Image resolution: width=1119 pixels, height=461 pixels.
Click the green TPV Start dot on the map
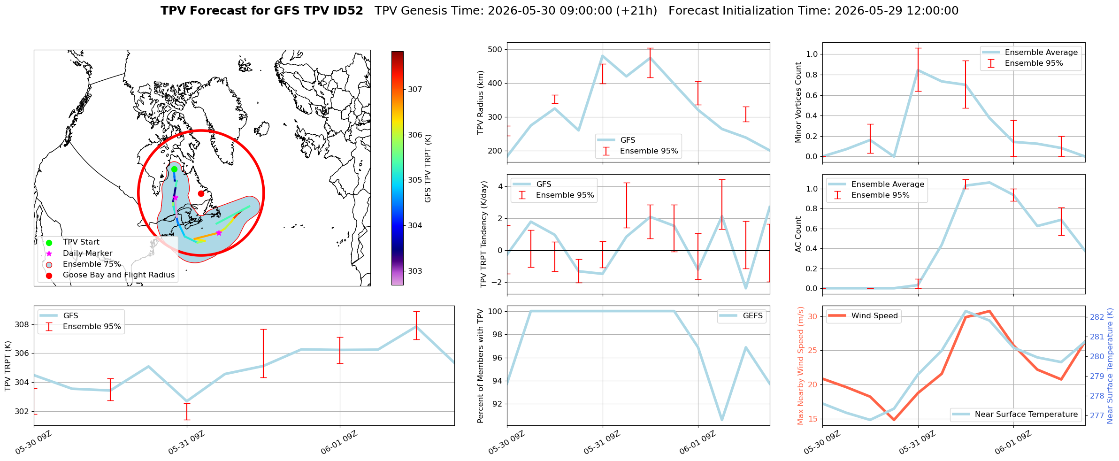[x=174, y=169]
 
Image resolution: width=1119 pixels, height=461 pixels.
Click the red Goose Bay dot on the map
[x=201, y=193]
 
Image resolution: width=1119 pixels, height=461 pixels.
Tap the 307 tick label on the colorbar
[x=415, y=89]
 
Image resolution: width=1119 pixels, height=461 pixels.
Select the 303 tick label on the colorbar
[x=415, y=271]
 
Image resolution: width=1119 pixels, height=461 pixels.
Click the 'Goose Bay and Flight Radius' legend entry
[x=119, y=275]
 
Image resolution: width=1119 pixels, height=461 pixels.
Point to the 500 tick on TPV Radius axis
[x=495, y=49]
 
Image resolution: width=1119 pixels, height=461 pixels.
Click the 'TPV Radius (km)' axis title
[x=480, y=102]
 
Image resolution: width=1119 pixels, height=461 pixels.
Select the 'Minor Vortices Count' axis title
[x=798, y=102]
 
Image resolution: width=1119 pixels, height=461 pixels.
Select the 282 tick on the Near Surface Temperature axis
[x=1097, y=317]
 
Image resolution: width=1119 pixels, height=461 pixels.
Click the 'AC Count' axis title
[x=798, y=234]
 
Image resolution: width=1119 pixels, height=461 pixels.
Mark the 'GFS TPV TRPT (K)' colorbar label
[x=428, y=169]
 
